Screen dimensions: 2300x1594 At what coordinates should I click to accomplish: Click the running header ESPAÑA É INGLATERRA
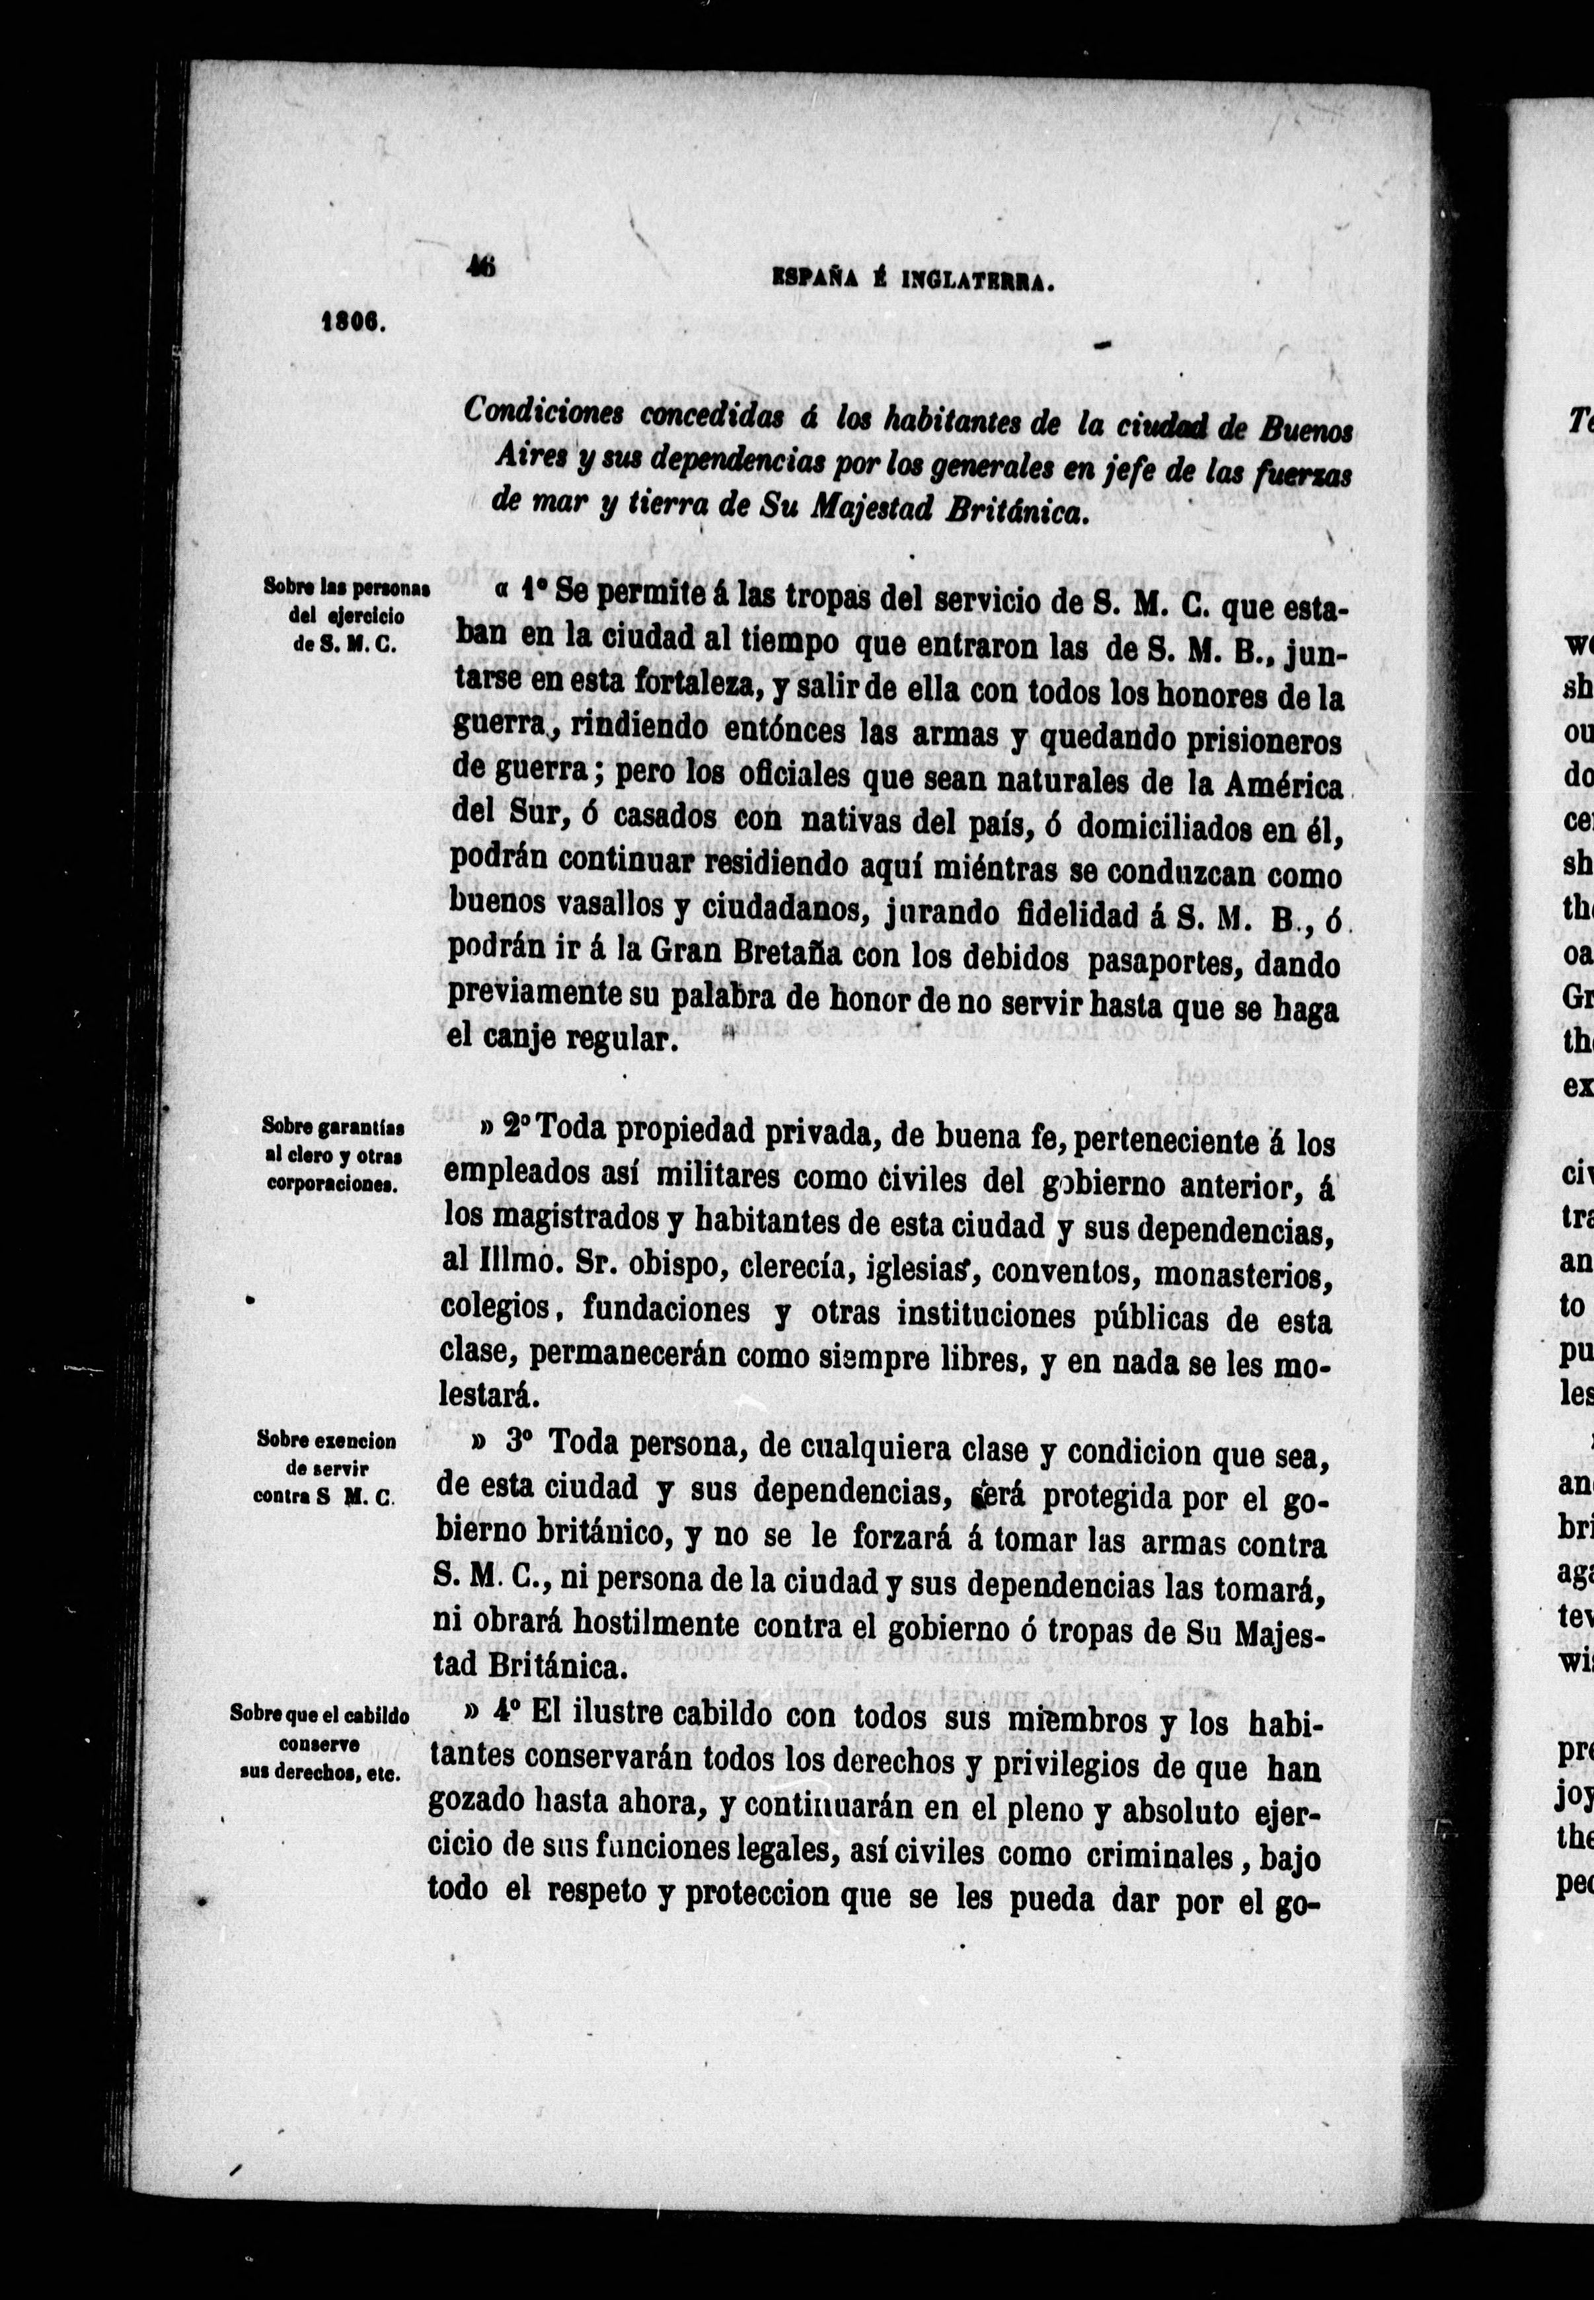tap(915, 284)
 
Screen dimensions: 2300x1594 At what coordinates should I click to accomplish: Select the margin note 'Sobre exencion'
tap(326, 1441)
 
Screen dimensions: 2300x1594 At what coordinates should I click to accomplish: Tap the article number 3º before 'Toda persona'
tap(516, 1441)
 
